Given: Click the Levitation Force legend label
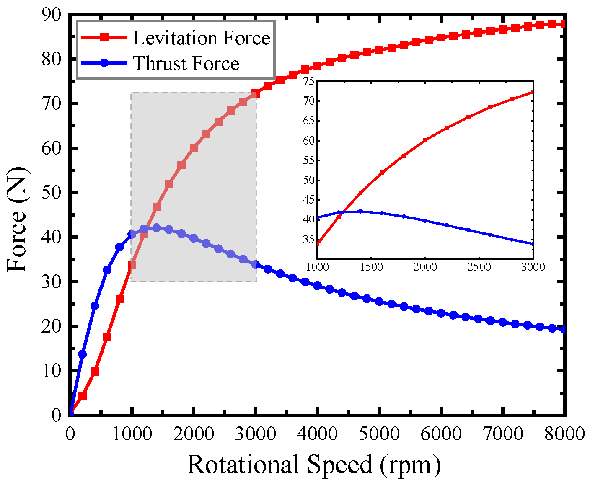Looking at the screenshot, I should [x=201, y=38].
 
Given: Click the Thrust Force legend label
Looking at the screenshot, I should [x=186, y=64].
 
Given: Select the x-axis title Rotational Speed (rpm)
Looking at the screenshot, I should [x=314, y=465].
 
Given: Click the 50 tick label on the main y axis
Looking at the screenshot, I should [x=52, y=193].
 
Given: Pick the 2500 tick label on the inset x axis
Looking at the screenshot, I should [x=479, y=267].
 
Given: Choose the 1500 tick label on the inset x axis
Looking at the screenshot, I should [x=371, y=267].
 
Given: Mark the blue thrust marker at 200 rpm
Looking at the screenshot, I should [x=83, y=354].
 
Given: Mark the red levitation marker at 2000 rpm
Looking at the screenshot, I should [x=194, y=148].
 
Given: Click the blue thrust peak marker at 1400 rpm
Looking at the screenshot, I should [x=157, y=228].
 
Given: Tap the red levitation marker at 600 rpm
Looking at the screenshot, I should [x=107, y=336].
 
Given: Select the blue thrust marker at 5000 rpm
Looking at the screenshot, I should [x=379, y=302].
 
